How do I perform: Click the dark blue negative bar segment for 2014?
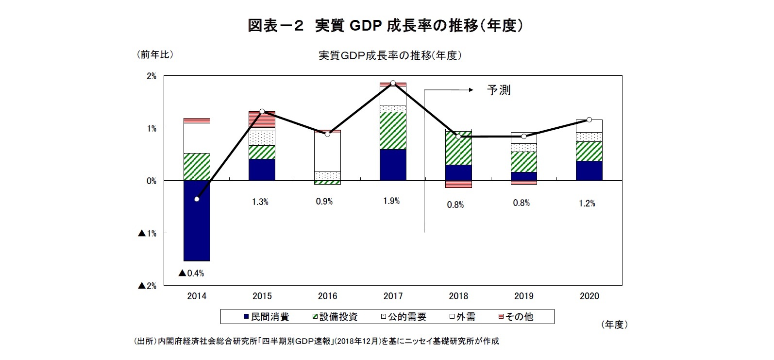(x=197, y=221)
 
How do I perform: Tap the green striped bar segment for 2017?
(x=393, y=131)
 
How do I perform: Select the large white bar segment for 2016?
(x=327, y=152)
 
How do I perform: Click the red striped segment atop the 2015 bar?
(x=262, y=120)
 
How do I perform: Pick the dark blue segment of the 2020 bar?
(x=589, y=171)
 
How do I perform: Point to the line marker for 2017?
(x=393, y=83)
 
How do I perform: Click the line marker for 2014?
(x=197, y=199)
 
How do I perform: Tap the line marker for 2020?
(x=589, y=120)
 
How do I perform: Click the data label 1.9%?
(x=391, y=201)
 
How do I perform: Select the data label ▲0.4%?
(x=191, y=273)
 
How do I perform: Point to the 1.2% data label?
(x=587, y=203)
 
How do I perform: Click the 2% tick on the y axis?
(x=151, y=76)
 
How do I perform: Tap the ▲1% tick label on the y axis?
(x=147, y=233)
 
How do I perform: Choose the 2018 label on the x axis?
(x=458, y=296)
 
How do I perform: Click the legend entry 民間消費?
(x=266, y=317)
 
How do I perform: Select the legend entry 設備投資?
(x=335, y=317)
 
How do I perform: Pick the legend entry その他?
(x=516, y=317)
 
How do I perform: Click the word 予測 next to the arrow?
(x=499, y=90)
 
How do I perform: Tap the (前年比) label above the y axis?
(x=154, y=54)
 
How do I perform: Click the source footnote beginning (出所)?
(x=316, y=341)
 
